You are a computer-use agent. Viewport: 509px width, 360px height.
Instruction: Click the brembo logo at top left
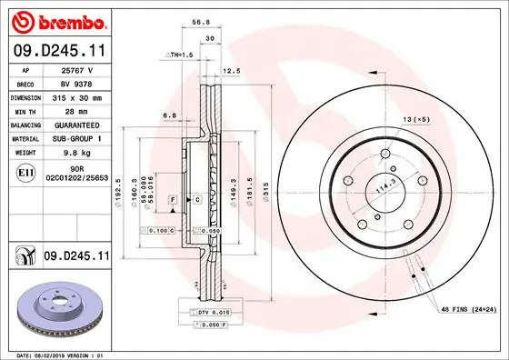[56, 19]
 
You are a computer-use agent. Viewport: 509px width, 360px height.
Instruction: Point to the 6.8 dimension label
[169, 115]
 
